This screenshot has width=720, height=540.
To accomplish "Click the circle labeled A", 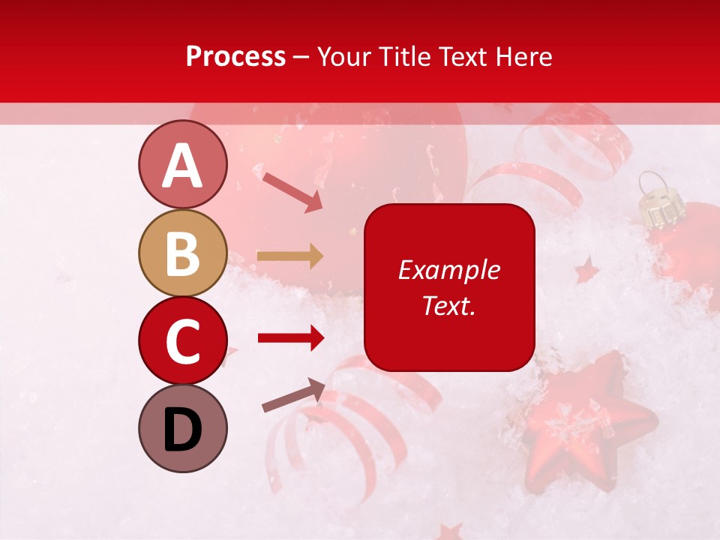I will (x=182, y=165).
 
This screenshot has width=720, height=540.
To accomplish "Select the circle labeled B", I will (x=182, y=253).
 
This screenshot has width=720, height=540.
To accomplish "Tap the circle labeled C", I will (x=182, y=341).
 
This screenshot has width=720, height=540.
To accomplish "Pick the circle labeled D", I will (x=182, y=429).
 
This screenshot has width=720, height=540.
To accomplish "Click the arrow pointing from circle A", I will (x=292, y=191).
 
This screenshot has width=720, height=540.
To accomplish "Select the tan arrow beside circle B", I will (x=290, y=256).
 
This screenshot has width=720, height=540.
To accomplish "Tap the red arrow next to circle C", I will (x=290, y=338).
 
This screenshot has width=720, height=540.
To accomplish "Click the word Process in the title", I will (x=235, y=57).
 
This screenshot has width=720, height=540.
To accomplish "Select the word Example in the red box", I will (x=448, y=270).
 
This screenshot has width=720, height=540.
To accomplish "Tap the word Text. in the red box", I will (x=448, y=305).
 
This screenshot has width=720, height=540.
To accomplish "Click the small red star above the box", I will (x=586, y=269).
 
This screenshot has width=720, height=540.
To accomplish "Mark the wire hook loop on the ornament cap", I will (x=649, y=180).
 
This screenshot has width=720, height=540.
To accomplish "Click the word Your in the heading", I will (x=343, y=57).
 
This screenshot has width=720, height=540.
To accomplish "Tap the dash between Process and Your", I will (x=301, y=57).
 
